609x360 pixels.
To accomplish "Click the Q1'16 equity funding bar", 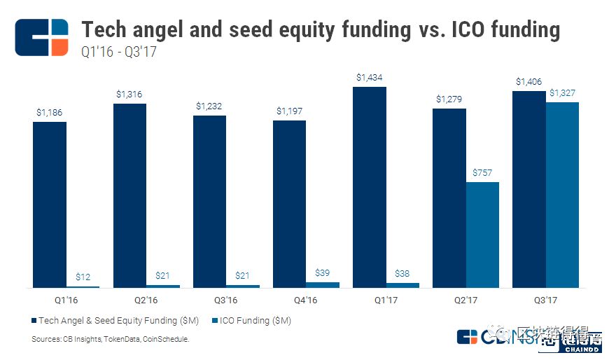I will pos(50,205).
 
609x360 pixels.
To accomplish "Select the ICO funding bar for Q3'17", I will pos(562,195).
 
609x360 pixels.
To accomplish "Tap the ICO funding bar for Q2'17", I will pos(482,235).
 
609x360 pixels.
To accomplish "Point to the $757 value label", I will pos(482,172).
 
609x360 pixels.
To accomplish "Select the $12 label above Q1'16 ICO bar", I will pos(83,277).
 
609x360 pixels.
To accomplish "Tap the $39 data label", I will pos(323,272).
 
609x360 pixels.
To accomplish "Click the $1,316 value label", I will pos(129,94).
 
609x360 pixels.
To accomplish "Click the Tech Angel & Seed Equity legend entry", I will pos(115,321).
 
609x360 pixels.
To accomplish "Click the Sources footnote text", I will pos(111,339).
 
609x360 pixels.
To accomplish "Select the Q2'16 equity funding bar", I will pos(129,195).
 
